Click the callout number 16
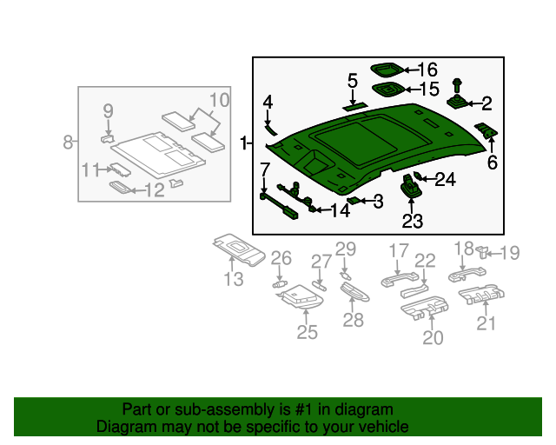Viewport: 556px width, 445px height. tap(427, 70)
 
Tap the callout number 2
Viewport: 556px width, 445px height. tap(486, 104)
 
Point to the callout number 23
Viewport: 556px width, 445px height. tap(412, 222)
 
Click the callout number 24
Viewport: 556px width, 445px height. tap(445, 180)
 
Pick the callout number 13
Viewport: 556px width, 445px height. tap(233, 279)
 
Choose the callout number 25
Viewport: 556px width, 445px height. tap(308, 331)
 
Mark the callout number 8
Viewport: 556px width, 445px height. tap(69, 142)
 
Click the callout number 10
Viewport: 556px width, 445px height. tap(219, 100)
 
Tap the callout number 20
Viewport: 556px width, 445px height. tap(433, 336)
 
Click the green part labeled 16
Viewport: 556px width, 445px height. tap(387, 69)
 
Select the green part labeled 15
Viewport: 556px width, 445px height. tap(387, 89)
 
